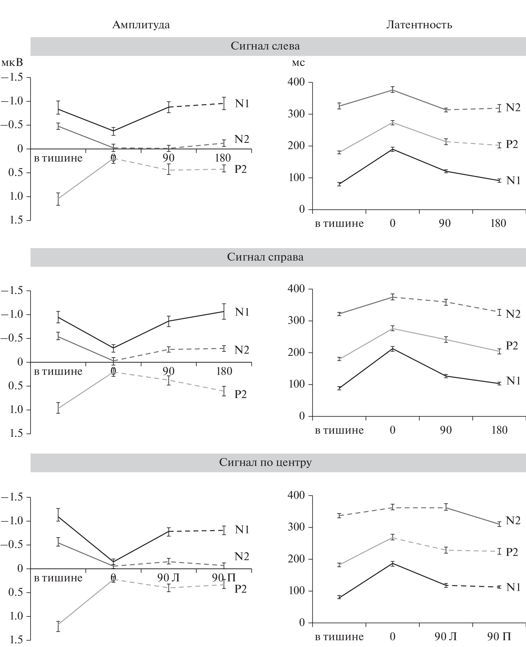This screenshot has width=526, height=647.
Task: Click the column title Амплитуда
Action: pyautogui.click(x=141, y=25)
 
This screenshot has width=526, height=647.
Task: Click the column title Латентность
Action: pyautogui.click(x=419, y=25)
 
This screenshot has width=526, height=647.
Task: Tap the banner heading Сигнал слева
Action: pyautogui.click(x=265, y=46)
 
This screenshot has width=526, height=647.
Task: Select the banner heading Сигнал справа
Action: pyautogui.click(x=265, y=257)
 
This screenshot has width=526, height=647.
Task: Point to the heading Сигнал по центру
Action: pyautogui.click(x=265, y=462)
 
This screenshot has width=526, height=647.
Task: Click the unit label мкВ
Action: pyautogui.click(x=12, y=63)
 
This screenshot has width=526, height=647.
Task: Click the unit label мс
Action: pyautogui.click(x=298, y=63)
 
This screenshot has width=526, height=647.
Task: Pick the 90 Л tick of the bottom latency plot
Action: pyautogui.click(x=445, y=637)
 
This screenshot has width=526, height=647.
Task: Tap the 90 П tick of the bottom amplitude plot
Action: pyautogui.click(x=223, y=578)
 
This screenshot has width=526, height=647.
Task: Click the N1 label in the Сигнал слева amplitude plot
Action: pyautogui.click(x=242, y=104)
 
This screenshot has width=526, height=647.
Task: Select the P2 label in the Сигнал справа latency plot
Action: pyautogui.click(x=512, y=345)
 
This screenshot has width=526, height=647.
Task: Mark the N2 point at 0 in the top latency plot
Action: pyautogui.click(x=393, y=90)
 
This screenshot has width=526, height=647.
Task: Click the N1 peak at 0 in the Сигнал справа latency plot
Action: pyautogui.click(x=393, y=349)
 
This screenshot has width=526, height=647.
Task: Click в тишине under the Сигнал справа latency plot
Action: pyautogui.click(x=339, y=430)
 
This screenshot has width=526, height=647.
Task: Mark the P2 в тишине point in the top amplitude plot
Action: pyautogui.click(x=58, y=199)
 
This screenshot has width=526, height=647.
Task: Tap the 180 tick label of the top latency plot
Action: pyautogui.click(x=498, y=223)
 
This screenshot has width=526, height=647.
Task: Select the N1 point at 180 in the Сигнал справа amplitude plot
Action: pyautogui.click(x=223, y=311)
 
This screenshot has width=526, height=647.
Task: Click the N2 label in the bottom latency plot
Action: pyautogui.click(x=513, y=521)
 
